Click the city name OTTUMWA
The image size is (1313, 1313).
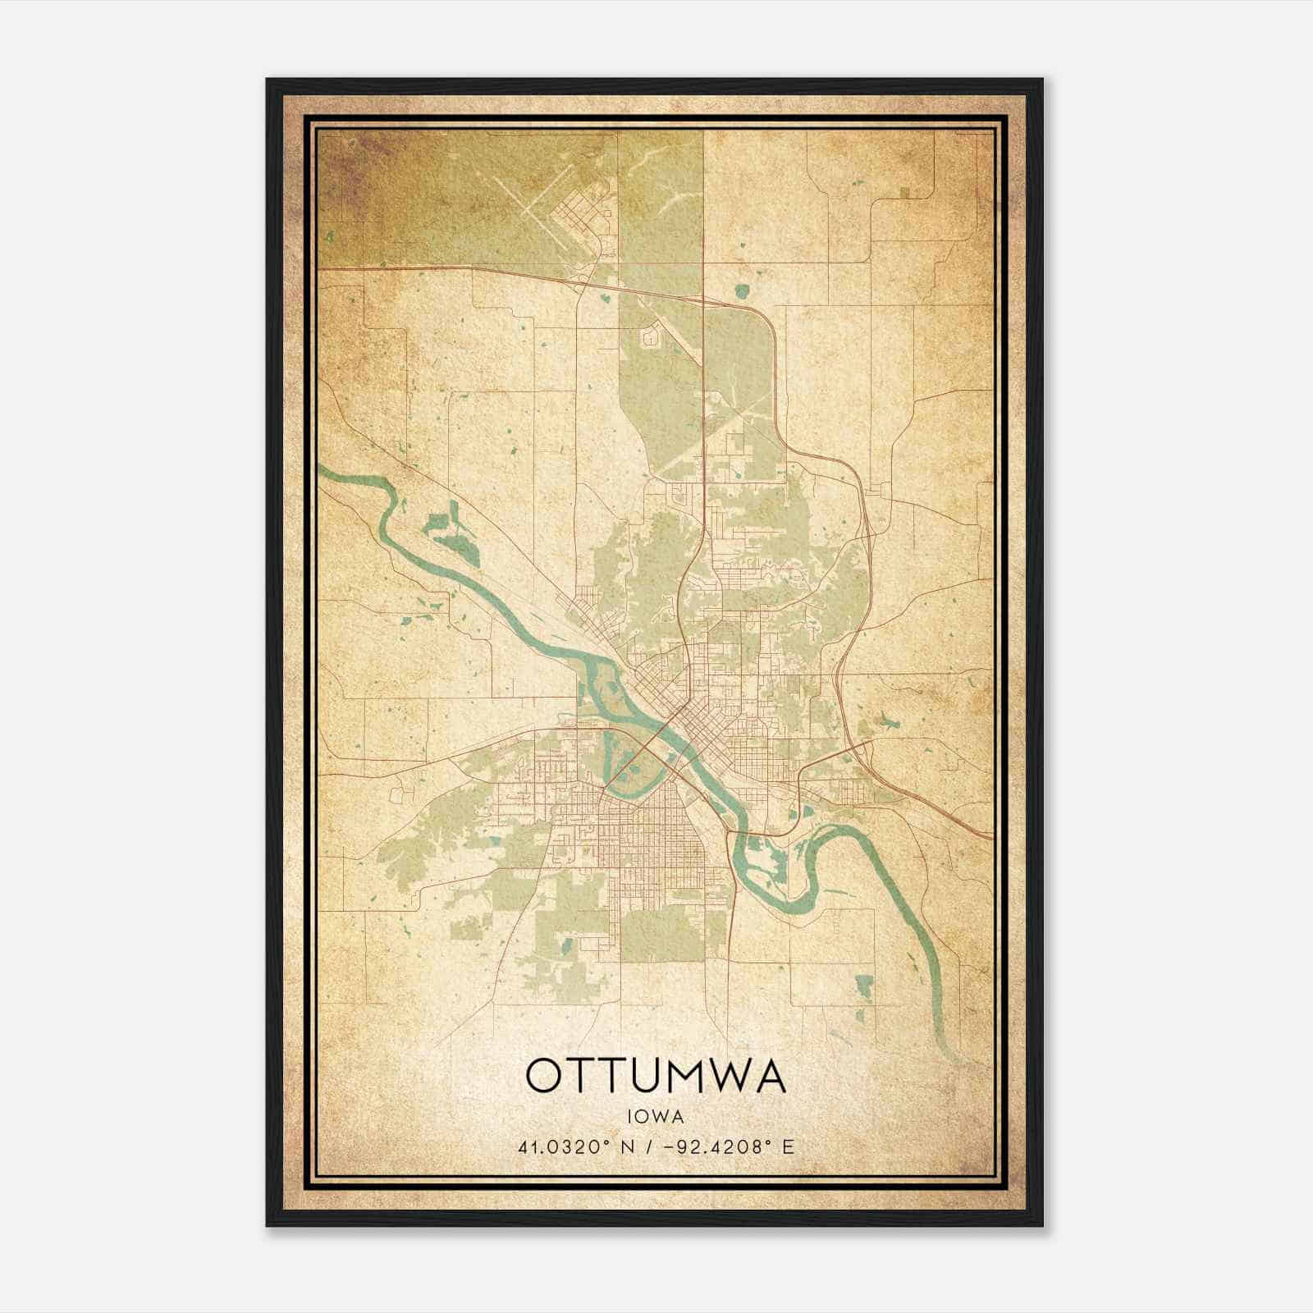656,1076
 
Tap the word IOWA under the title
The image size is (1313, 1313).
656,1116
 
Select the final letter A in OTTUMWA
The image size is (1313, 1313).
771,1076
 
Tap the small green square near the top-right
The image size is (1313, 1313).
904,193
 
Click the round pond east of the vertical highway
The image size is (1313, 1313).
742,291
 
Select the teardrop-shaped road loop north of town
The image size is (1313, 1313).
652,336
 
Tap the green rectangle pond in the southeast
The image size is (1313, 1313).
863,986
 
